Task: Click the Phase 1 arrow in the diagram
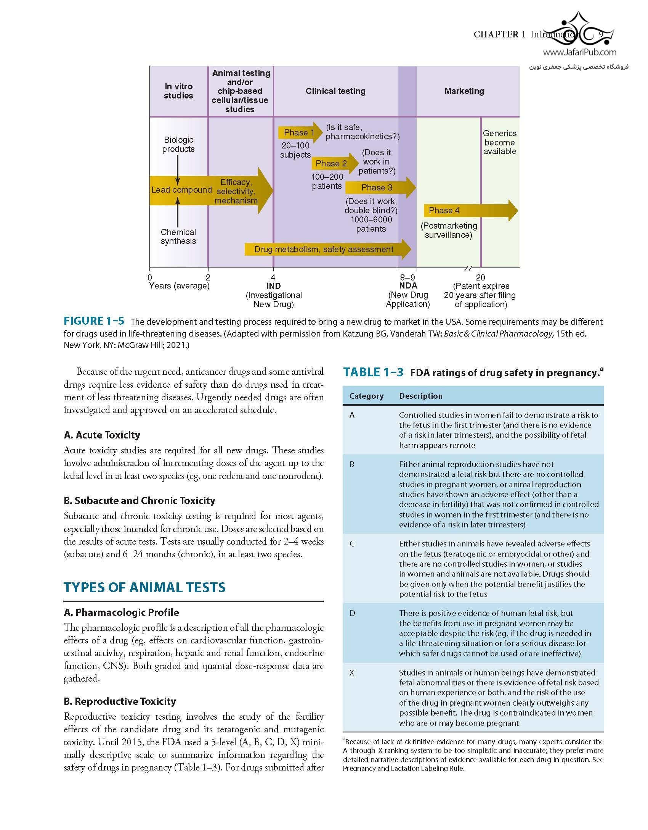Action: point(300,132)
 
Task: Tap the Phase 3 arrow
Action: point(380,187)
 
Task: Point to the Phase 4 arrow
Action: point(470,210)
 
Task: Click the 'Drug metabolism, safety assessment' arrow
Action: point(327,249)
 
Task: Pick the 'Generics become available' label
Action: point(500,142)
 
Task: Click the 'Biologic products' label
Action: point(178,144)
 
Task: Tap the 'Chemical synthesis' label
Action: point(178,236)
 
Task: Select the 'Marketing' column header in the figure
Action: point(464,91)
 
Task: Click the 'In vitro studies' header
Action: point(178,91)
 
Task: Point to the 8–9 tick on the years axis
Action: point(407,277)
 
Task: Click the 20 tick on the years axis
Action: point(481,277)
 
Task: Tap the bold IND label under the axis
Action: point(273,286)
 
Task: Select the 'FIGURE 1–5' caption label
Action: point(94,321)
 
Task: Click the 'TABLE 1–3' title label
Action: point(373,372)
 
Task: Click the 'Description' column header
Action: point(421,396)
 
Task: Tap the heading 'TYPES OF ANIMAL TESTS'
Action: point(144,587)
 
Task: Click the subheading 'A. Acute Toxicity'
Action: point(102,435)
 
